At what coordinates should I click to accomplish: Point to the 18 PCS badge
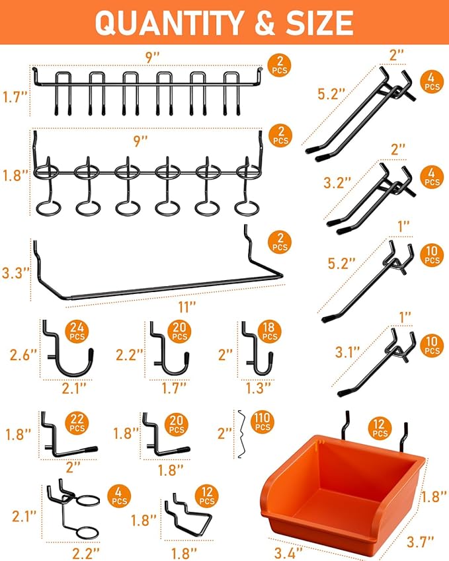coord(268,332)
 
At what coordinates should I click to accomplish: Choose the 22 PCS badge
coord(77,422)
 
